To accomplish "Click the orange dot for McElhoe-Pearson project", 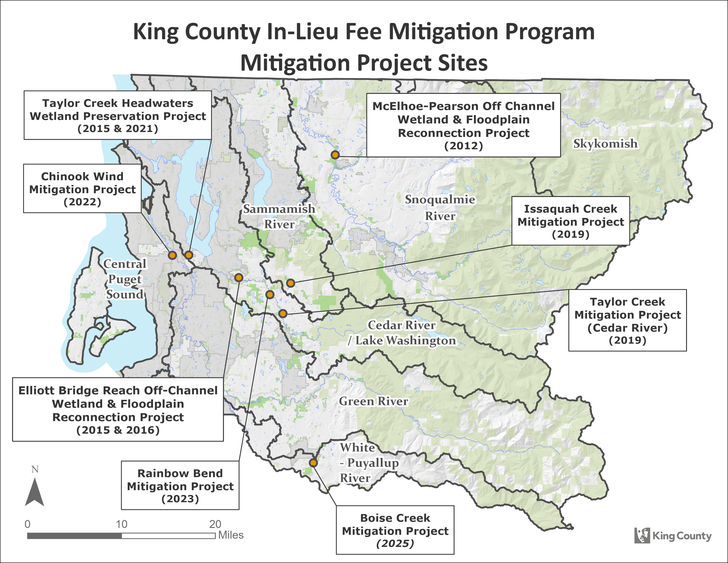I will point(335,155).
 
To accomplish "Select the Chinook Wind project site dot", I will point(172,255).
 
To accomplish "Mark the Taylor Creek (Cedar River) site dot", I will point(283,314).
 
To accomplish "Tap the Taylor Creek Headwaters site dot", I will point(189,255).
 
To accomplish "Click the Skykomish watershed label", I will point(605,144).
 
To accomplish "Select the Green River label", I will point(373,401).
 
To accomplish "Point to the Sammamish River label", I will point(279,216).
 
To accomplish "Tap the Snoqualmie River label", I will point(440,208).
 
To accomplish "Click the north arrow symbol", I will point(34,492).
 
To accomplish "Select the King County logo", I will point(673,536).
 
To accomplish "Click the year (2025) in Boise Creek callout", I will point(395,544).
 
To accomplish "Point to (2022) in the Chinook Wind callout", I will point(82,202).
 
